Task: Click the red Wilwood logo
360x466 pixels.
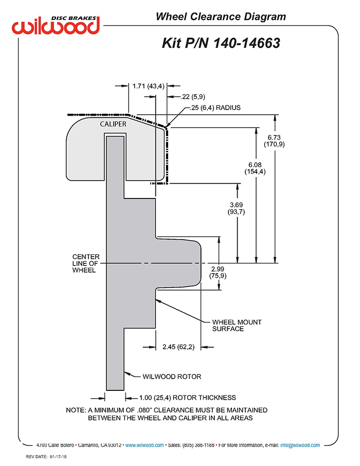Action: point(56,26)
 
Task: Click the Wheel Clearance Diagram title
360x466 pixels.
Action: point(221,16)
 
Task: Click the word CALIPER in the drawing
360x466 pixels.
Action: point(113,124)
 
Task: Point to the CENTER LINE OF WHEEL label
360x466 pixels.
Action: point(85,263)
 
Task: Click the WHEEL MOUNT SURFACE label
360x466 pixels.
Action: point(237,326)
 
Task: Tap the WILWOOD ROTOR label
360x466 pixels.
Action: point(172,377)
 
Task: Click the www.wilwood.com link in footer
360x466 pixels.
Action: point(145,445)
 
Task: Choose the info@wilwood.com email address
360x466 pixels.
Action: point(300,445)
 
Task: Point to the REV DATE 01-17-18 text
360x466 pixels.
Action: point(46,457)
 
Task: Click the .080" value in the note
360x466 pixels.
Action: point(145,410)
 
